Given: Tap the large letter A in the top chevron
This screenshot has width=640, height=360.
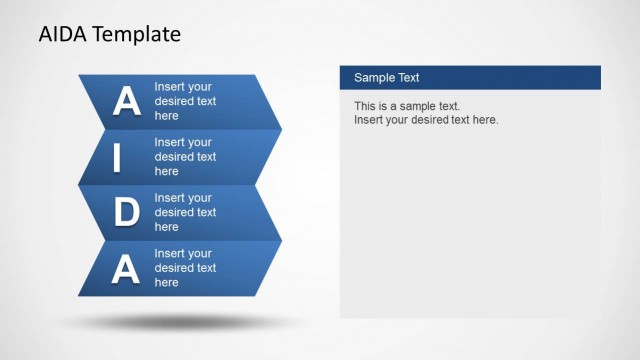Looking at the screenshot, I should (126, 102).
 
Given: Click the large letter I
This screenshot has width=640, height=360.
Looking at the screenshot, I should (117, 157).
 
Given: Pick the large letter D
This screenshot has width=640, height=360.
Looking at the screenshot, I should (126, 212).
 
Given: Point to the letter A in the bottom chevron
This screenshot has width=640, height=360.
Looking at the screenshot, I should (126, 268).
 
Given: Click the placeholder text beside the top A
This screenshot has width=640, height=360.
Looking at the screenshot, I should (185, 101).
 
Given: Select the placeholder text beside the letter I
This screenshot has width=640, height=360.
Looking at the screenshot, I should (185, 157).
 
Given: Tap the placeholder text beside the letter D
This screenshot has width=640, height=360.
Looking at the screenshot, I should (185, 212).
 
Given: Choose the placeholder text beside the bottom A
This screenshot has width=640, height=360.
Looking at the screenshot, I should (185, 268).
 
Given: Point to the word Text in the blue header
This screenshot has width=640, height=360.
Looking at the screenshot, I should (409, 78).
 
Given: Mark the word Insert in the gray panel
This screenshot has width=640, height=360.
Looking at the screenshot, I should (370, 120).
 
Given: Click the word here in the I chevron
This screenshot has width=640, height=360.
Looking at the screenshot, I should (167, 171).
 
